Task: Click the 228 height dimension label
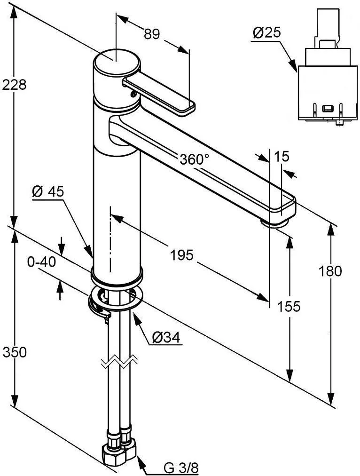[x=14, y=85]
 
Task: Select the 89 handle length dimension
[x=152, y=34]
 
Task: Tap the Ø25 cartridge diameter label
[x=266, y=32]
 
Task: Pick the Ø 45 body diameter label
[x=48, y=191]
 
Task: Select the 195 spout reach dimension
[x=181, y=255]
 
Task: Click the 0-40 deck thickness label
[x=41, y=262]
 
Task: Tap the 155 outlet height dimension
[x=289, y=307]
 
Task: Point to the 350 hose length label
[x=14, y=352]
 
